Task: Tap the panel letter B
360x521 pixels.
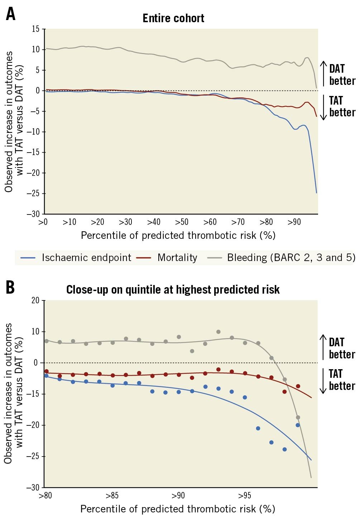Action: pos(10,287)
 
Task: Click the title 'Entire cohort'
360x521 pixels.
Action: pos(173,18)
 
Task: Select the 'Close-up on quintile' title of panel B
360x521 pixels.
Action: pos(173,289)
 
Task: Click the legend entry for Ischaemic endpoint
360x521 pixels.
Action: pos(86,258)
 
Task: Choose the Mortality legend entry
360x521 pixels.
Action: pos(177,258)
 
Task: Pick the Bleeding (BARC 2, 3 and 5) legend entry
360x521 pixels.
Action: pos(291,258)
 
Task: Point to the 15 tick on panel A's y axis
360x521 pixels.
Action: pos(35,29)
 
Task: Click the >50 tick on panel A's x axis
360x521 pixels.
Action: pos(182,222)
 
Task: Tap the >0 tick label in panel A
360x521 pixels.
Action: pos(43,222)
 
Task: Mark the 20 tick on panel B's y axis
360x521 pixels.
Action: pos(35,300)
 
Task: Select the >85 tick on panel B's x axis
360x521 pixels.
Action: pos(112,496)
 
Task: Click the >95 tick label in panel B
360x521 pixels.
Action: pos(245,496)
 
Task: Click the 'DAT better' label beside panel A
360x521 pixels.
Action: pos(342,75)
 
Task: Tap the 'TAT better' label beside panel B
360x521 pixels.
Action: pos(342,380)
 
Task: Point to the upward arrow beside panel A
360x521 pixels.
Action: pos(323,73)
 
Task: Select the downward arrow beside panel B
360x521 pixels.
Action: pos(323,381)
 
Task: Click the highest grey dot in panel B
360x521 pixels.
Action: pos(219,332)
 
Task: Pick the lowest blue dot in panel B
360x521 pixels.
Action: pos(285,449)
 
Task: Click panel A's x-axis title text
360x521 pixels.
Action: pos(178,236)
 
